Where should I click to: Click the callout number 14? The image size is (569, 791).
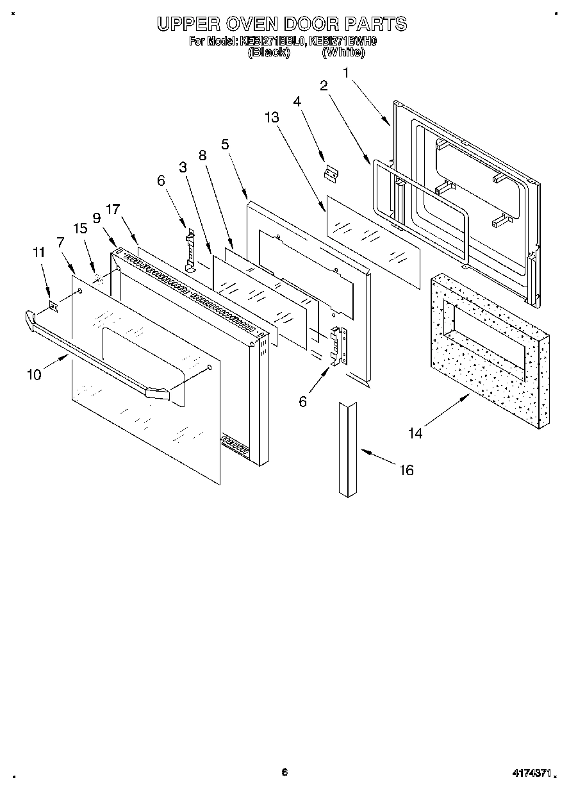415,434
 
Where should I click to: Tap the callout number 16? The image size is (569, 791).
406,470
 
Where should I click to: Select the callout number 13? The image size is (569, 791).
272,117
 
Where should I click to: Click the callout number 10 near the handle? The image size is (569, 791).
33,374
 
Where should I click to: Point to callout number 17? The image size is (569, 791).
113,209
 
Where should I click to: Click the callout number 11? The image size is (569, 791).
39,253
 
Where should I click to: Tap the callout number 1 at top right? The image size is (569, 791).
346,73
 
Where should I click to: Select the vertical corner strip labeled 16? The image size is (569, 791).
347,449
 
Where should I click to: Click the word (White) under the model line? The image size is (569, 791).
343,53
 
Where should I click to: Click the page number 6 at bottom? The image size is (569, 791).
284,772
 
